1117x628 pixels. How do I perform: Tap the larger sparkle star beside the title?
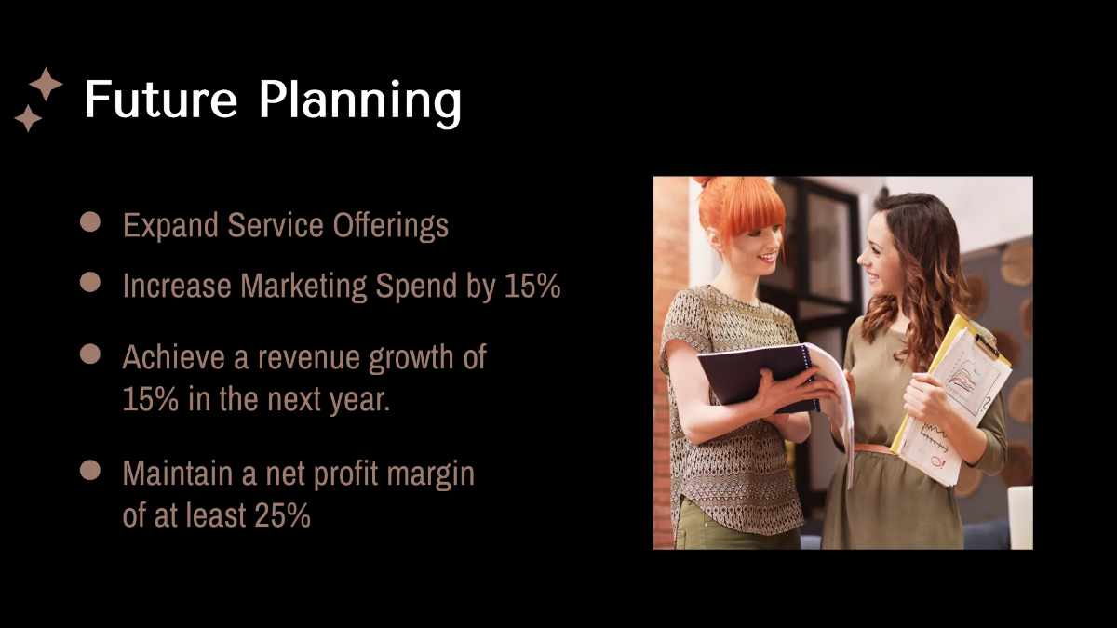click(46, 84)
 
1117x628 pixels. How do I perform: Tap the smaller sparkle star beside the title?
click(28, 118)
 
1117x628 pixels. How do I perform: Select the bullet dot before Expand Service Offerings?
click(90, 221)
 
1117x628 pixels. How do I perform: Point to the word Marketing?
click(304, 286)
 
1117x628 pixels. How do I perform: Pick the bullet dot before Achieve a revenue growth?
click(90, 354)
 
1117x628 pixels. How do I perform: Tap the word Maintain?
click(178, 474)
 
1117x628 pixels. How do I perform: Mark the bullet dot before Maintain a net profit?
click(90, 470)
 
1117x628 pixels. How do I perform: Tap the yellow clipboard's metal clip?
click(989, 346)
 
